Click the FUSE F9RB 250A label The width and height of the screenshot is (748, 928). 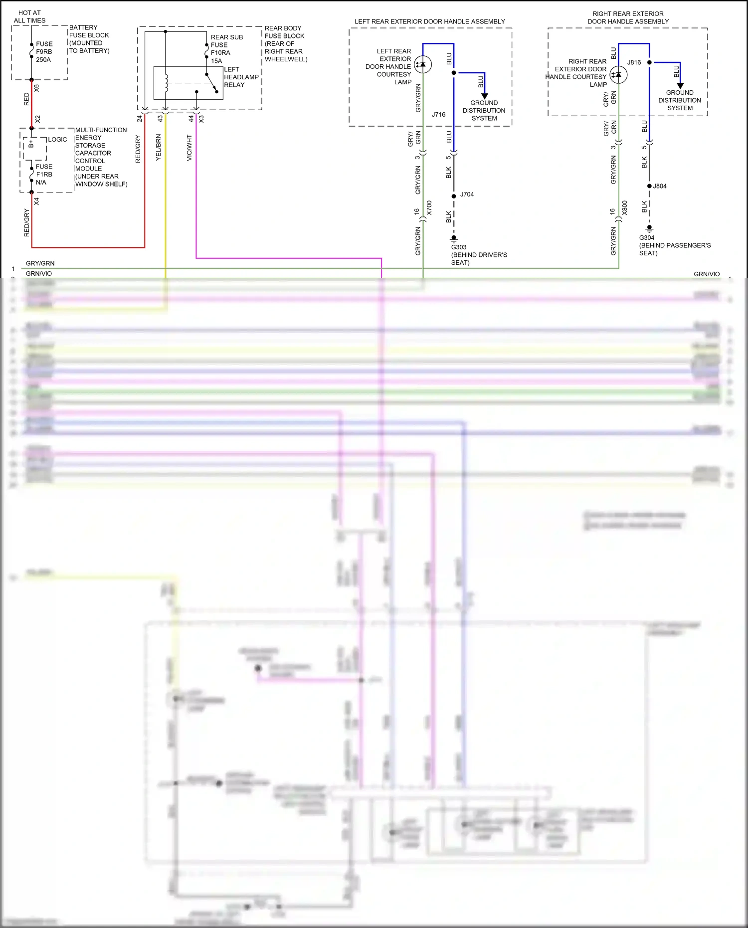tap(44, 52)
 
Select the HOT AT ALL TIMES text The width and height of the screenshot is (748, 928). tap(29, 16)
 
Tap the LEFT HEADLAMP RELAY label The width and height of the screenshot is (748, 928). tap(241, 77)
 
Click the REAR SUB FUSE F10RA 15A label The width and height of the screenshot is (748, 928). tap(226, 49)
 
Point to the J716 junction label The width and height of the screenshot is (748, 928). tap(438, 115)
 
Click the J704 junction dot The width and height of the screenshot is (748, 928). tap(454, 196)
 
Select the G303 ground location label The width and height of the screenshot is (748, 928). tap(479, 254)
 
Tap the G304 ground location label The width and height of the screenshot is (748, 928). tap(674, 245)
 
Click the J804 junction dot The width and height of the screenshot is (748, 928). tap(649, 186)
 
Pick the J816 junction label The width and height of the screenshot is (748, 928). tap(634, 62)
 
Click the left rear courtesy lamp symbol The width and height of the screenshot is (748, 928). tap(423, 64)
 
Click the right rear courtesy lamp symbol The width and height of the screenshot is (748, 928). tap(618, 75)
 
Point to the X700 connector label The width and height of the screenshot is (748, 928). tap(429, 208)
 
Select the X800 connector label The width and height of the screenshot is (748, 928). tap(624, 208)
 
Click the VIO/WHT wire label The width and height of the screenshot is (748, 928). tap(189, 148)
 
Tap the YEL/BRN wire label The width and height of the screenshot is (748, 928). tap(159, 147)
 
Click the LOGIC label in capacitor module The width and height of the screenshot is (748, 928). tap(57, 140)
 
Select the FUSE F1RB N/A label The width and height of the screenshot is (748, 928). tap(44, 175)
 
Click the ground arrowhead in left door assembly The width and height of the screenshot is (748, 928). tap(484, 96)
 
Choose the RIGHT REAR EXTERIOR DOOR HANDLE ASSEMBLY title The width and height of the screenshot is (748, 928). tap(628, 17)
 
